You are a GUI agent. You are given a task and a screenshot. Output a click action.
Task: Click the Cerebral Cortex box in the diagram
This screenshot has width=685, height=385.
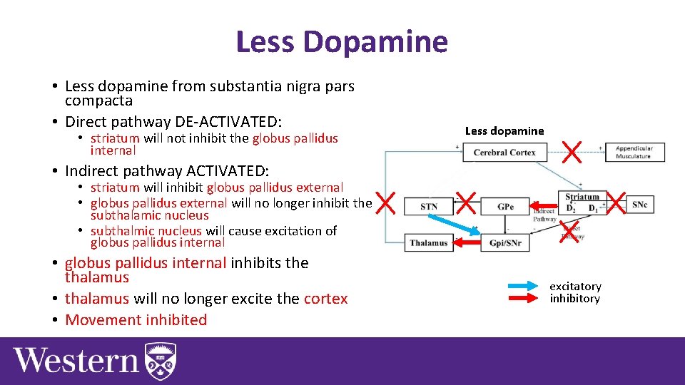[504, 153]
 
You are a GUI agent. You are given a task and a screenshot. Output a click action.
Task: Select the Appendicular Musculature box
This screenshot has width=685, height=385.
[634, 153]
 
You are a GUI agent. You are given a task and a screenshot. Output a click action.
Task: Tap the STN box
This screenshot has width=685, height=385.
[429, 207]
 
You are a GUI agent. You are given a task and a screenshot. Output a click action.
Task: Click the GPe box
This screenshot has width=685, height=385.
[504, 207]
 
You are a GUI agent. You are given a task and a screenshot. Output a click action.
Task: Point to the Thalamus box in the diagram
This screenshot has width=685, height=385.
[429, 242]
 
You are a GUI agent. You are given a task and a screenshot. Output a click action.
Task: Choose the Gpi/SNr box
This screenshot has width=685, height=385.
[504, 242]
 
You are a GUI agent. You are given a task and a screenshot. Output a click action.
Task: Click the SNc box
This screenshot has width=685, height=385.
[639, 205]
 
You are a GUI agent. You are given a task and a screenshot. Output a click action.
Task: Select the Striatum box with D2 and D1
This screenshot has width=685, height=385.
[582, 202]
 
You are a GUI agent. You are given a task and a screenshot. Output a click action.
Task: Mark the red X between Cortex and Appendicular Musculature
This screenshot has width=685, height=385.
[572, 150]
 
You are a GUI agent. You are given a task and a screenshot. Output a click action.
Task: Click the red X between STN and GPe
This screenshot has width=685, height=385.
[466, 203]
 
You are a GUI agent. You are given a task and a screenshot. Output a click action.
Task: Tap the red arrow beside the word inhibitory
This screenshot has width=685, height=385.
[527, 298]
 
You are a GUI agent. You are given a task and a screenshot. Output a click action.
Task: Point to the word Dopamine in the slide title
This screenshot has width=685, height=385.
[375, 42]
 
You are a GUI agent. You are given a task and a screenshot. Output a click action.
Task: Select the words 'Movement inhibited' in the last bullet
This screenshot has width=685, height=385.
[136, 320]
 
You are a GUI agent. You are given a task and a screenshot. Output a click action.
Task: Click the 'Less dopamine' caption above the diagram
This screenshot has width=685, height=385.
[504, 130]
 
